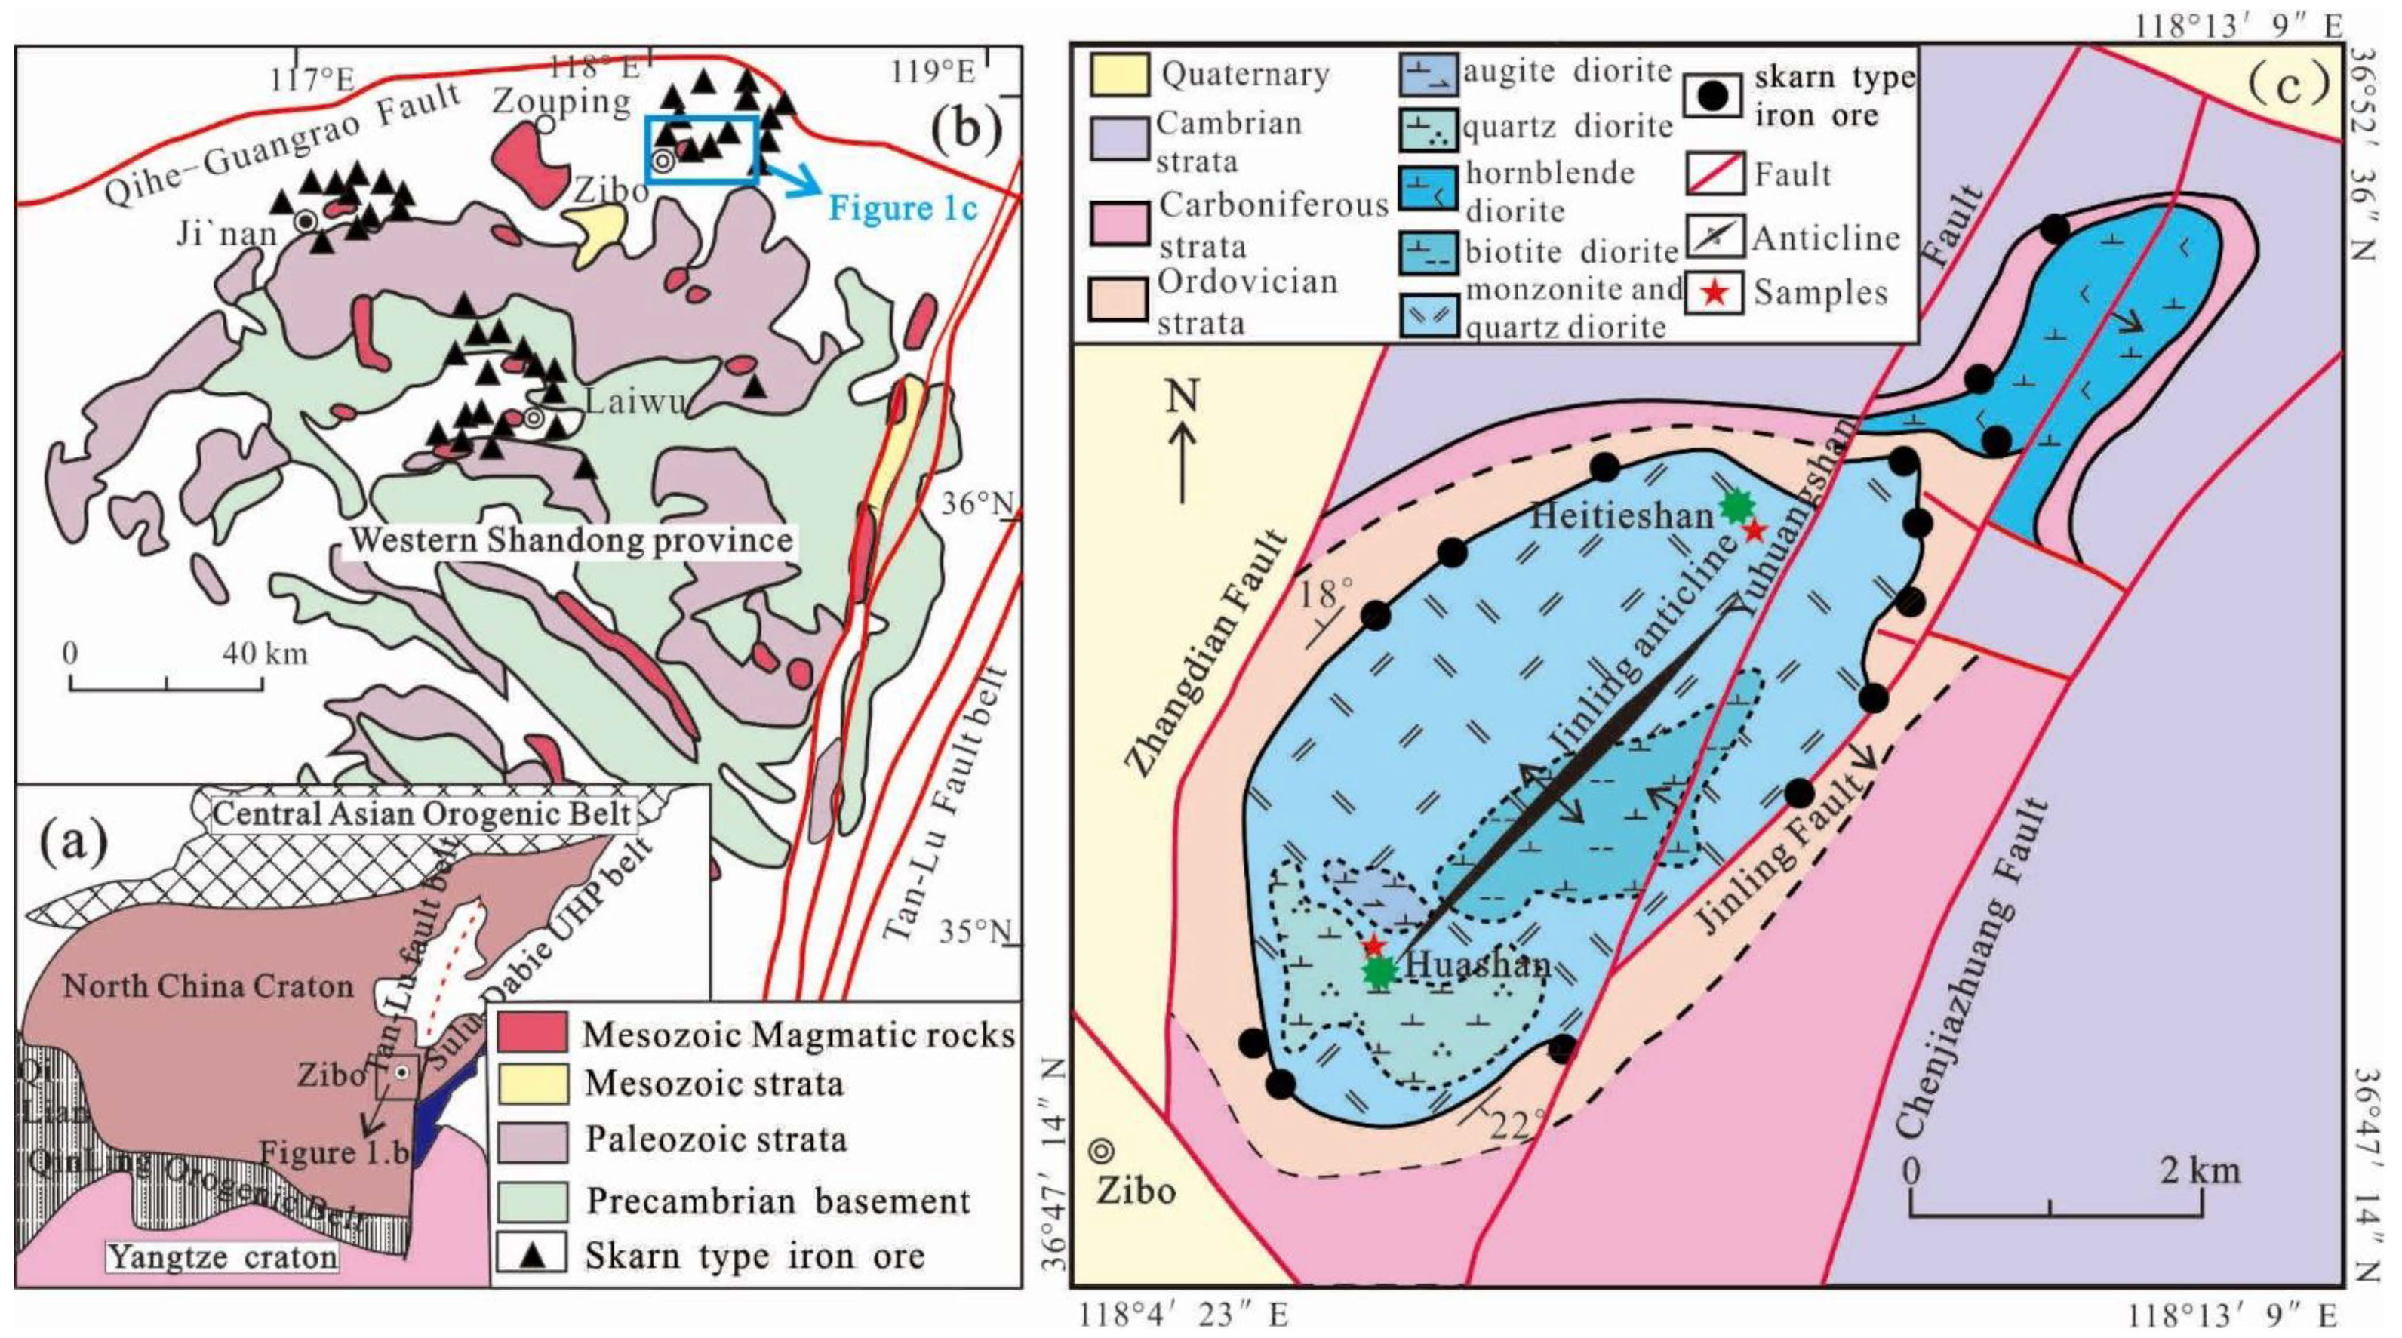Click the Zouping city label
tap(561, 100)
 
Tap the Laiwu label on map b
tap(634, 402)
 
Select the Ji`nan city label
tap(227, 232)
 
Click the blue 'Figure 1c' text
tap(903, 207)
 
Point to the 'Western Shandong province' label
tap(571, 540)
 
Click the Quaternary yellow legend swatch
tap(1119, 75)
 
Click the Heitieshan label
tap(1621, 515)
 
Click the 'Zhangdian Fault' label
tap(1207, 654)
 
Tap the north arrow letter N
tap(1183, 399)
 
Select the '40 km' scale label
tap(265, 654)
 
